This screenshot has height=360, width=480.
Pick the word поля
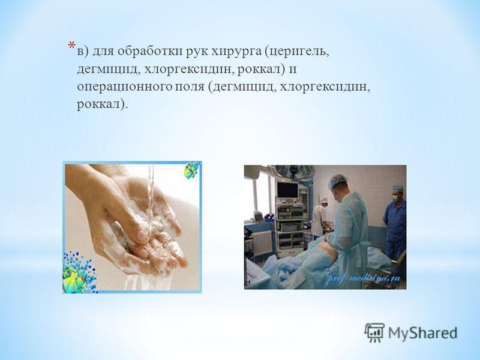[x=190, y=87]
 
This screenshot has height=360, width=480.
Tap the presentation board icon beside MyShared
[x=374, y=332]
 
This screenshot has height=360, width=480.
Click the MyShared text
[x=423, y=333]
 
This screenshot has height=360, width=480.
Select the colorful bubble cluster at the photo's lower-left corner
[x=79, y=272]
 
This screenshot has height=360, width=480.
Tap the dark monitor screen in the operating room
[x=287, y=190]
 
